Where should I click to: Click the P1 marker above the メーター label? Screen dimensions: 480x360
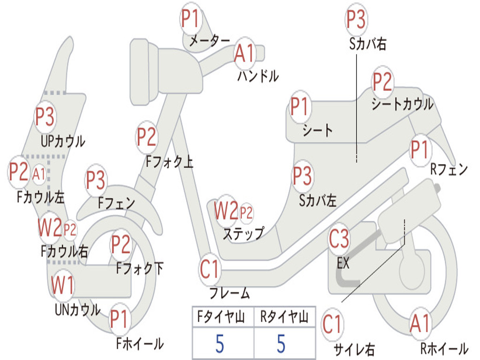[191, 19]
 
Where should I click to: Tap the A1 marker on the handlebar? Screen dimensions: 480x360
[245, 53]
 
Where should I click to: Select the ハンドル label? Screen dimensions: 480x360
[258, 76]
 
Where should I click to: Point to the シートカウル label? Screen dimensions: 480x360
[403, 104]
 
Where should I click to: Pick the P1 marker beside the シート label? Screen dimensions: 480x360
[300, 106]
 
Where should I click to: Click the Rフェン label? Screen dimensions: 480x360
[449, 169]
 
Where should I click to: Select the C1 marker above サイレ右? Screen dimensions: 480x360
[332, 324]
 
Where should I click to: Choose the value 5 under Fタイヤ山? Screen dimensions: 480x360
[220, 344]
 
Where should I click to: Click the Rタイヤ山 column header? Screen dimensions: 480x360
[285, 316]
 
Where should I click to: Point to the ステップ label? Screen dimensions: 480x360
[243, 234]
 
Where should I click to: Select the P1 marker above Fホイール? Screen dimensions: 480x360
[119, 319]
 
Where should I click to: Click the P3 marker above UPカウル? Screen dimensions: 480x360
[45, 117]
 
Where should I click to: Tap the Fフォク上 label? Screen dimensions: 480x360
[170, 161]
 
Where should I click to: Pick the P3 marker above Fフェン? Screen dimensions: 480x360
[96, 180]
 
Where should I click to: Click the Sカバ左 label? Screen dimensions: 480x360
[318, 201]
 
